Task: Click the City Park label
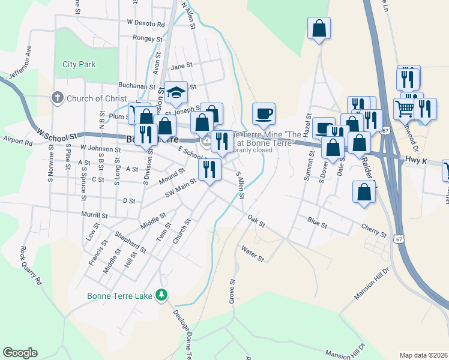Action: (79, 64)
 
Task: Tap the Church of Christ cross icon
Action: (58, 98)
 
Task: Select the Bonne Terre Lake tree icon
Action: (161, 295)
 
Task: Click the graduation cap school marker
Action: (176, 92)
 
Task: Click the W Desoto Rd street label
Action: (146, 22)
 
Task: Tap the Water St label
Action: (252, 253)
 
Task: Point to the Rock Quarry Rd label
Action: (31, 265)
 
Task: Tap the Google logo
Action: (20, 353)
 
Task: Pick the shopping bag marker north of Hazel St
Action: (319, 28)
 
